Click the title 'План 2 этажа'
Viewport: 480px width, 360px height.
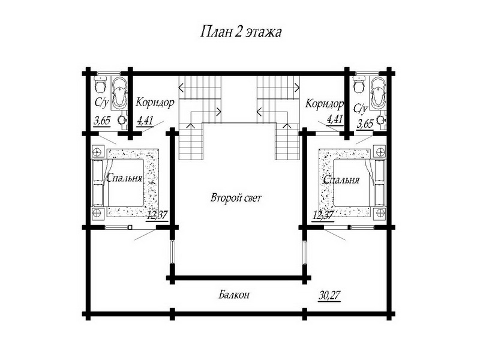click(241, 32)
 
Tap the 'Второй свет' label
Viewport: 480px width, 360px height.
click(236, 198)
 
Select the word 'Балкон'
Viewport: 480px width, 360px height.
click(234, 295)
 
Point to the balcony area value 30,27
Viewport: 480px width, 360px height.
click(329, 296)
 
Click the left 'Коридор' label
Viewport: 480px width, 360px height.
click(155, 102)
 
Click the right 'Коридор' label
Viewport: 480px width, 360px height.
click(325, 104)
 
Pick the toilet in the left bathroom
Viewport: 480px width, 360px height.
click(100, 84)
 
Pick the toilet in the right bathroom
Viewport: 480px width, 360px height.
click(358, 84)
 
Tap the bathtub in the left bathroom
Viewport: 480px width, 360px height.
click(119, 92)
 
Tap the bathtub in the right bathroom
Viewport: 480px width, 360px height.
click(377, 92)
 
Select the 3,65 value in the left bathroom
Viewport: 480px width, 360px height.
click(102, 121)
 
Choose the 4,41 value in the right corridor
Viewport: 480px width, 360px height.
click(335, 119)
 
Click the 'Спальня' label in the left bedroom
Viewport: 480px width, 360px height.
click(124, 178)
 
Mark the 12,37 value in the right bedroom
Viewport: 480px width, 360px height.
click(323, 215)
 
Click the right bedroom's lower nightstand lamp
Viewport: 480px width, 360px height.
click(380, 212)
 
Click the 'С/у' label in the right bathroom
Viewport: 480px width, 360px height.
click(361, 108)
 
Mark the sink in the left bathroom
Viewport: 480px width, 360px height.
click(122, 120)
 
